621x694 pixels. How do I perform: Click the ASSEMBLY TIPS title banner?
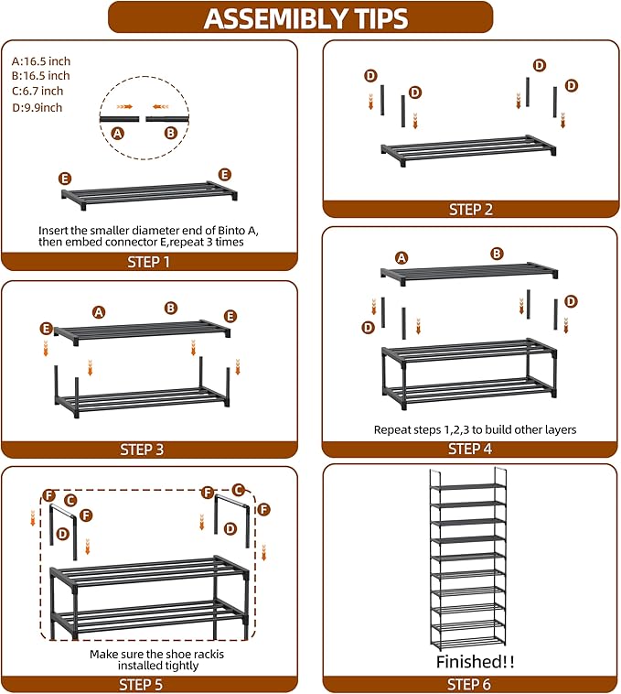point(305,17)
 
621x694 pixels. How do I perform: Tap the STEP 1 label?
point(149,262)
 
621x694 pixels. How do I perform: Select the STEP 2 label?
point(470,210)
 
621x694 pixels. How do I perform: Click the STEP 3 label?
point(149,450)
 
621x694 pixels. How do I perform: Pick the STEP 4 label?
point(470,449)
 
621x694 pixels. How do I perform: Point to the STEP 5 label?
point(149,684)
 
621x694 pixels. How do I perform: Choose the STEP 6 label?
point(470,684)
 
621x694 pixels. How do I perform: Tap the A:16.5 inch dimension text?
point(40,60)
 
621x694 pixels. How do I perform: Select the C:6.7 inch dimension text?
point(37,91)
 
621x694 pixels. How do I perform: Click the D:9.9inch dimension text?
point(37,107)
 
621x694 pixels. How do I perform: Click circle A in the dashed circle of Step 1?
point(116,133)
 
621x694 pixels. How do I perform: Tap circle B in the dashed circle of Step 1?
point(170,133)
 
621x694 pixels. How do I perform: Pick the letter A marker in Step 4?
point(401,257)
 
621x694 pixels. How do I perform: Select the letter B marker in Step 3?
point(170,309)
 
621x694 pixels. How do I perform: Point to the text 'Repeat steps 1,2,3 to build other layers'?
point(475,428)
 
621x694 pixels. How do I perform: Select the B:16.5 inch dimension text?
point(40,75)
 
